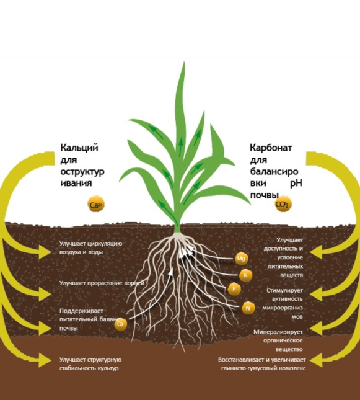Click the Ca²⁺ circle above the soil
click(x=96, y=204)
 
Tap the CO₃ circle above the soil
click(x=283, y=204)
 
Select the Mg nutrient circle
click(x=241, y=259)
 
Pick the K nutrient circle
click(x=246, y=275)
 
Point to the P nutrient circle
click(x=234, y=289)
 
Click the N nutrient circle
click(x=248, y=308)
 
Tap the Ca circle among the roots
click(x=121, y=324)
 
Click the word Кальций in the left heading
click(x=79, y=148)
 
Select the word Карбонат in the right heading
click(x=271, y=148)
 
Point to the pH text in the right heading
click(x=296, y=184)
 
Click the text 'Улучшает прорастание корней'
click(x=102, y=283)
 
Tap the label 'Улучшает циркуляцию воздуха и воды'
click(x=90, y=247)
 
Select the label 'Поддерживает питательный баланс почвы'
click(x=89, y=319)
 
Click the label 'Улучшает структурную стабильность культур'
click(x=90, y=364)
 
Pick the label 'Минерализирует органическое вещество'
click(x=278, y=340)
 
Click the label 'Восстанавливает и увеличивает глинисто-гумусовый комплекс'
click(x=262, y=364)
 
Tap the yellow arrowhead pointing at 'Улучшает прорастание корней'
click(x=45, y=295)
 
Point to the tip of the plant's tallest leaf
click(x=184, y=61)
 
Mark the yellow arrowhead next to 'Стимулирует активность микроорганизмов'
click(x=316, y=295)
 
